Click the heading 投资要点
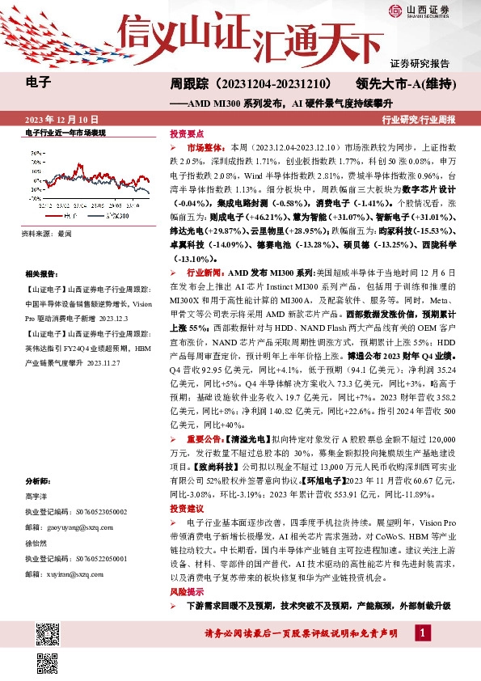(186, 133)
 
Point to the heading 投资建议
(186, 509)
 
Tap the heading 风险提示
(186, 593)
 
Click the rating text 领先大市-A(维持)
(407, 83)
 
